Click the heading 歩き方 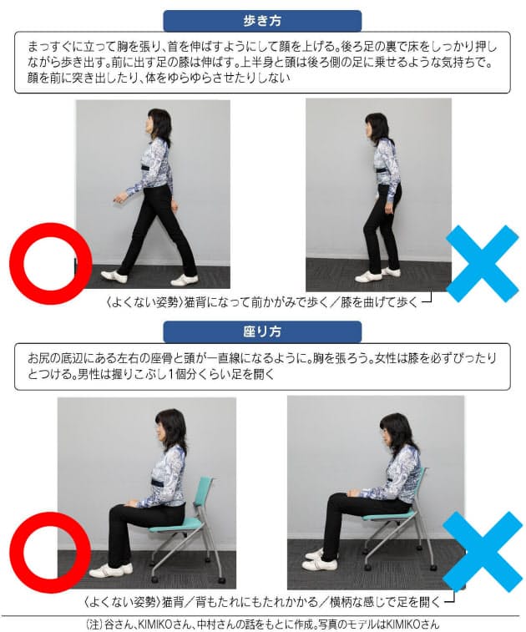(262, 20)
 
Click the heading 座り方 (262, 331)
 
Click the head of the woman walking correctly (157, 123)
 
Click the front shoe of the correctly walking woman (114, 276)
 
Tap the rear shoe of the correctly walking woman (184, 280)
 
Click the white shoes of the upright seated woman (110, 570)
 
